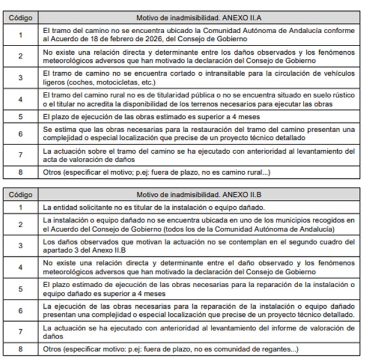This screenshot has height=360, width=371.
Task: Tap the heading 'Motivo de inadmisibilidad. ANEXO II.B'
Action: coord(198,195)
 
